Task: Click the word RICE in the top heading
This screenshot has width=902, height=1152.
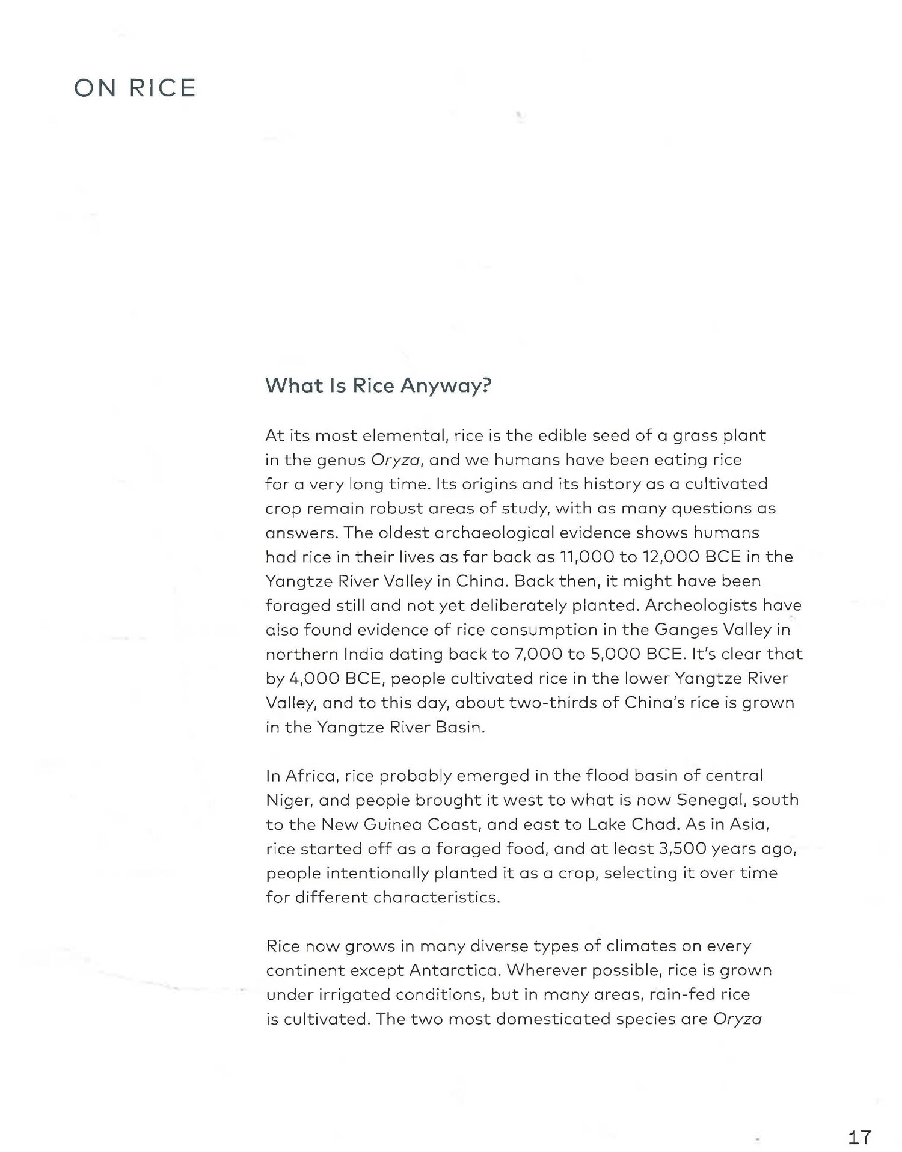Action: click(163, 88)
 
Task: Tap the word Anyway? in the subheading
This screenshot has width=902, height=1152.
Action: click(446, 385)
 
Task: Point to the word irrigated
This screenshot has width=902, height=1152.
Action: click(345, 995)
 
